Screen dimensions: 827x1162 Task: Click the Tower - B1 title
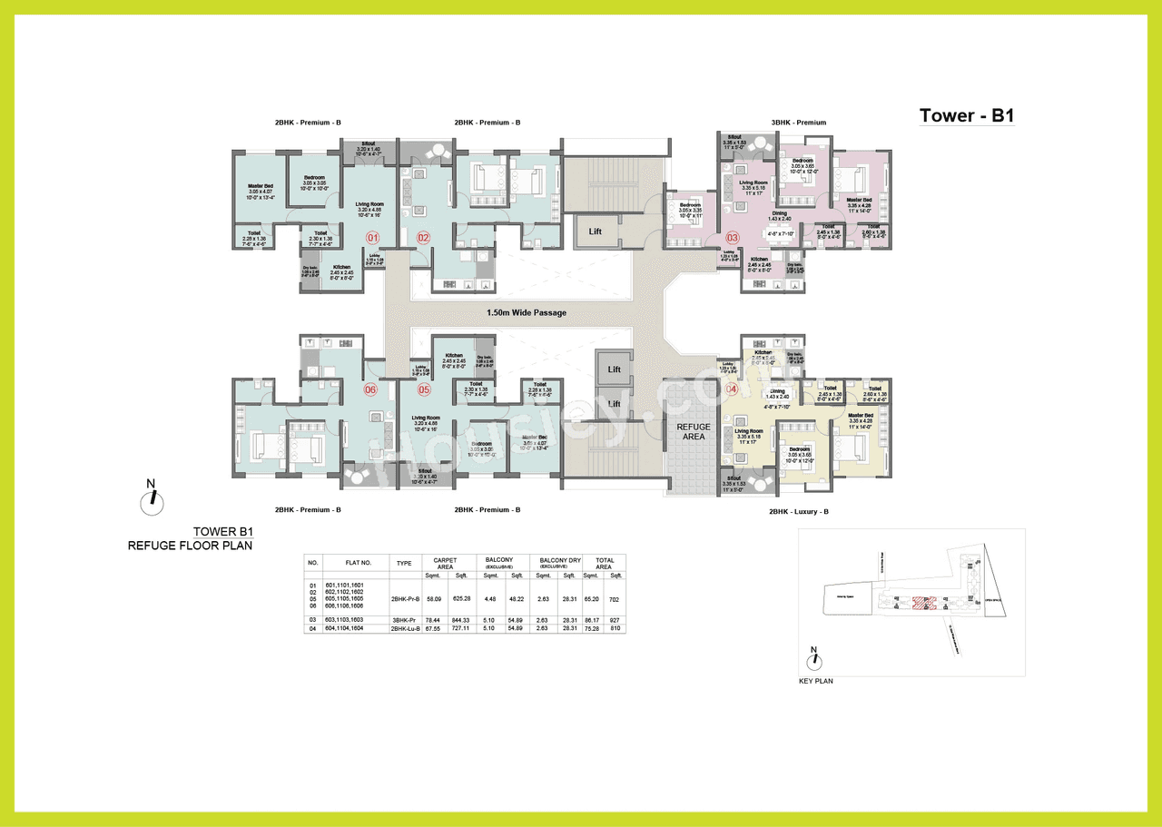point(966,115)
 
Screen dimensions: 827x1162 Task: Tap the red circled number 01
point(371,238)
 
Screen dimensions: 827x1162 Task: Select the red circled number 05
point(423,390)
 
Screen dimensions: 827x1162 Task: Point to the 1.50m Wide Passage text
point(526,313)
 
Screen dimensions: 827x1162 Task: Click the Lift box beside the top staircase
point(595,231)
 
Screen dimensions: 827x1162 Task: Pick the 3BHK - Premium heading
point(798,123)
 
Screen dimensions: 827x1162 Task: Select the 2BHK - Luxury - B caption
point(798,511)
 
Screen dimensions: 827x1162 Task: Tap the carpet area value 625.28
point(461,598)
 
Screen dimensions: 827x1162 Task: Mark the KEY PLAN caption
point(815,681)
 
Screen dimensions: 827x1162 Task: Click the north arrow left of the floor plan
point(153,497)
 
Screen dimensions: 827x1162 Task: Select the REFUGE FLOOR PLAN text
point(190,546)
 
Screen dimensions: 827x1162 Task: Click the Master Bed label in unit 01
point(261,186)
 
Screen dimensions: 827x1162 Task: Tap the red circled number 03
point(733,238)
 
